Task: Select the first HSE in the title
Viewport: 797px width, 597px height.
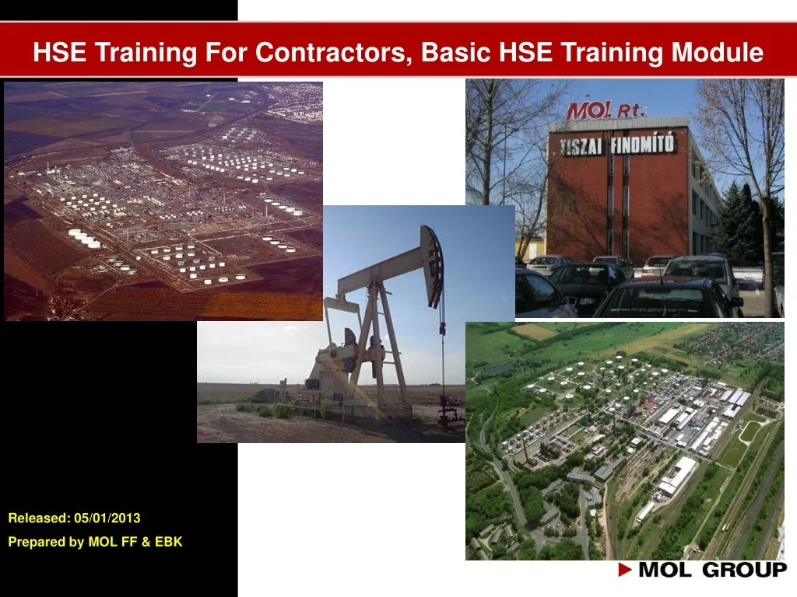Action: (x=58, y=52)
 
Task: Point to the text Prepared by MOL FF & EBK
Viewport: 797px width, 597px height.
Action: (x=95, y=542)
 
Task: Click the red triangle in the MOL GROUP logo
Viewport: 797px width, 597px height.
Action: (x=625, y=571)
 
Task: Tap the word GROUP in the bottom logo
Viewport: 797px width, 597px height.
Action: (x=744, y=571)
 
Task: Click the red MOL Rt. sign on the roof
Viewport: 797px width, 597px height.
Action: (x=606, y=110)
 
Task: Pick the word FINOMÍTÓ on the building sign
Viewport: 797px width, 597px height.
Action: (x=644, y=143)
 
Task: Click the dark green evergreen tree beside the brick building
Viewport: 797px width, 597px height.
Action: (x=735, y=225)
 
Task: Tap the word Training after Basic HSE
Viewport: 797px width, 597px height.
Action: (x=612, y=52)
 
